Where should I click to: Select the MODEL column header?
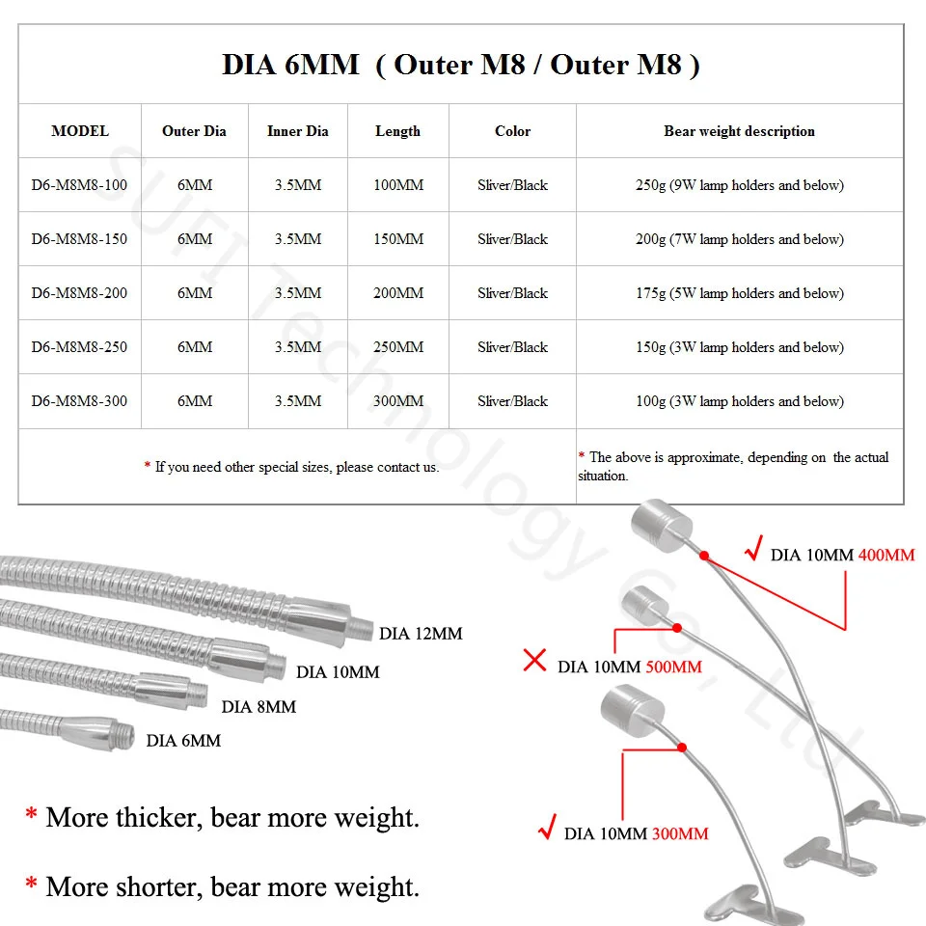80,131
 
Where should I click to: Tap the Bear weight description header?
739,131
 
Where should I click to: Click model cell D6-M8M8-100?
79,185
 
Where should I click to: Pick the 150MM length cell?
397,239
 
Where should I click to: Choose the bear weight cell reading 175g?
739,293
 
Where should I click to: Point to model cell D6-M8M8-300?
79,401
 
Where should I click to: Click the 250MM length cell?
397,347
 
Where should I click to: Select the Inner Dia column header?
297,131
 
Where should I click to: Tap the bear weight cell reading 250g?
739,185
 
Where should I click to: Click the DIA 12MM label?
421,634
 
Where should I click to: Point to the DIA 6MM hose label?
183,741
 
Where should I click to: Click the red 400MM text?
886,555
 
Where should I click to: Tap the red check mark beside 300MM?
546,828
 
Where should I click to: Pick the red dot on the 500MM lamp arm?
677,628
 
